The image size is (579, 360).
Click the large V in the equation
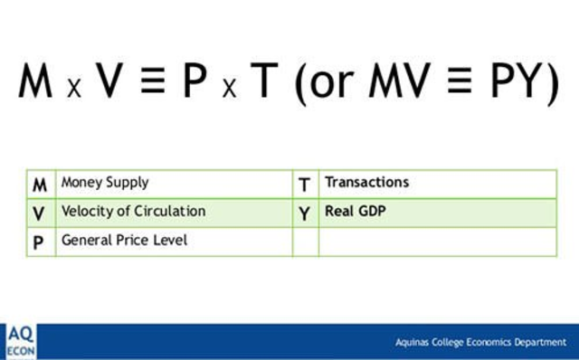click(x=109, y=82)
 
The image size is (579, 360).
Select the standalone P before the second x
click(x=195, y=82)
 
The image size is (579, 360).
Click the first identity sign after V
click(x=152, y=84)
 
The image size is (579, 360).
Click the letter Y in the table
click(x=305, y=213)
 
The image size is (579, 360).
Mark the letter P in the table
click(x=40, y=242)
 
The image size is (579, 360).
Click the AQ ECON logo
click(x=19, y=341)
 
